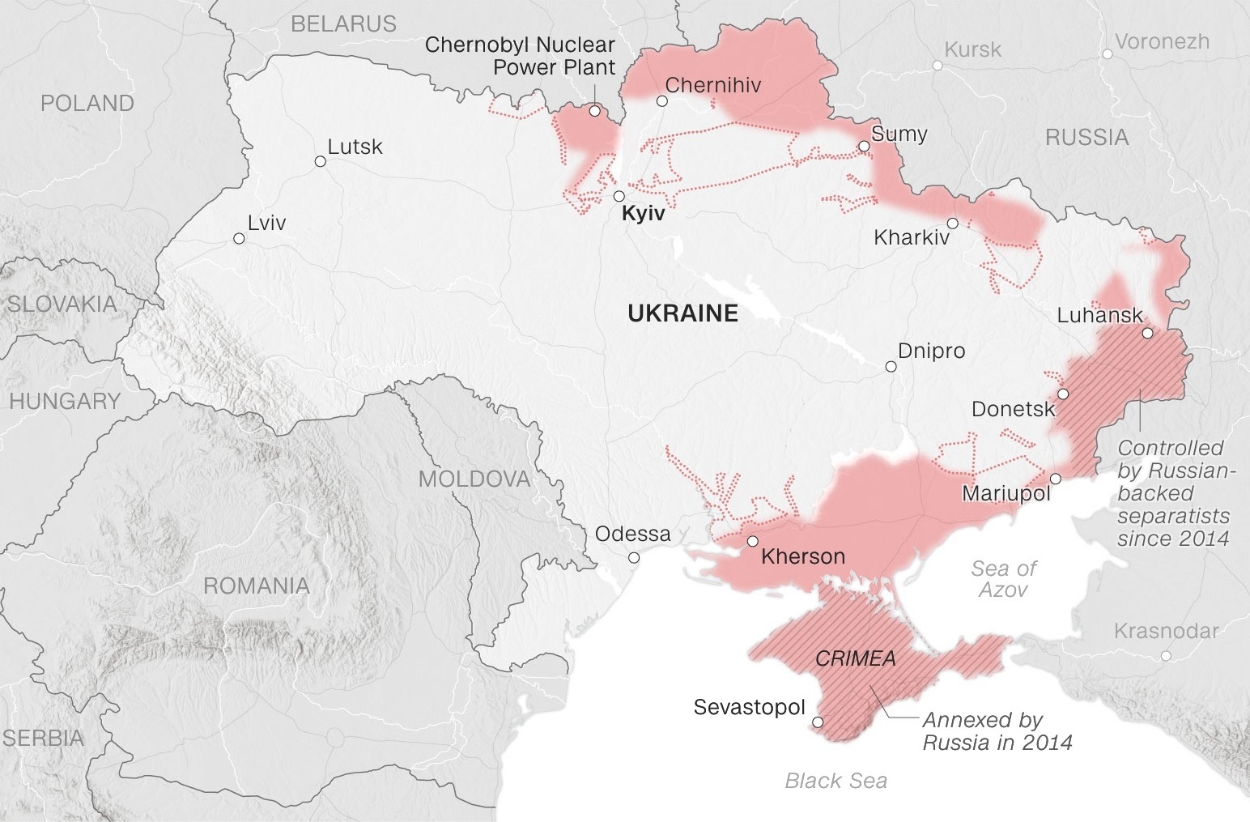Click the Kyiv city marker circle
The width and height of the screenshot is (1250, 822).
pyautogui.click(x=619, y=196)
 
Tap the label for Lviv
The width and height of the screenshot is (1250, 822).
pyautogui.click(x=266, y=222)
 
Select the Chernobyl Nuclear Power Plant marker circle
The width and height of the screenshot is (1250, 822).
pyautogui.click(x=595, y=112)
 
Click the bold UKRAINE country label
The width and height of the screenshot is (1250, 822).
pyautogui.click(x=682, y=313)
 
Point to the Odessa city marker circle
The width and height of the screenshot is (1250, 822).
pyautogui.click(x=634, y=557)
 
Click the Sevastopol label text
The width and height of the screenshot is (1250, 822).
pyautogui.click(x=749, y=707)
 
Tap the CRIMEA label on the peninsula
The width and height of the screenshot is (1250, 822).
pyautogui.click(x=855, y=658)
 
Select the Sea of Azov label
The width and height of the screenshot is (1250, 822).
pyautogui.click(x=1003, y=578)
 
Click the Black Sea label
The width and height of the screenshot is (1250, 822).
pyautogui.click(x=835, y=781)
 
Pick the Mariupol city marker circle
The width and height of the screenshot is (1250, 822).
pyautogui.click(x=1056, y=478)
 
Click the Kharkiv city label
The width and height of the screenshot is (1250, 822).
pyautogui.click(x=912, y=238)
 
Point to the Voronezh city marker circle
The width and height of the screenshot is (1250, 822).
pyautogui.click(x=1107, y=54)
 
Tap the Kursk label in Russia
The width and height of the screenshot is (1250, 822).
pyautogui.click(x=972, y=49)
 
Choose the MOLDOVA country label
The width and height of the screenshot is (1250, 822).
pyautogui.click(x=474, y=479)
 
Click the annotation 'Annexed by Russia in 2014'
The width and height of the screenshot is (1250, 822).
pyautogui.click(x=997, y=730)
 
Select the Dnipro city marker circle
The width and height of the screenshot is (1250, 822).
pyautogui.click(x=891, y=367)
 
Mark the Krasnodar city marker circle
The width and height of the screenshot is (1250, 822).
pyautogui.click(x=1166, y=655)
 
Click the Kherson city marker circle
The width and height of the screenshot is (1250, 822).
pyautogui.click(x=753, y=541)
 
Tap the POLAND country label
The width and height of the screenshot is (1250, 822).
pyautogui.click(x=87, y=103)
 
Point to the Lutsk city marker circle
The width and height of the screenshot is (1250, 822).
pyautogui.click(x=320, y=161)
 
